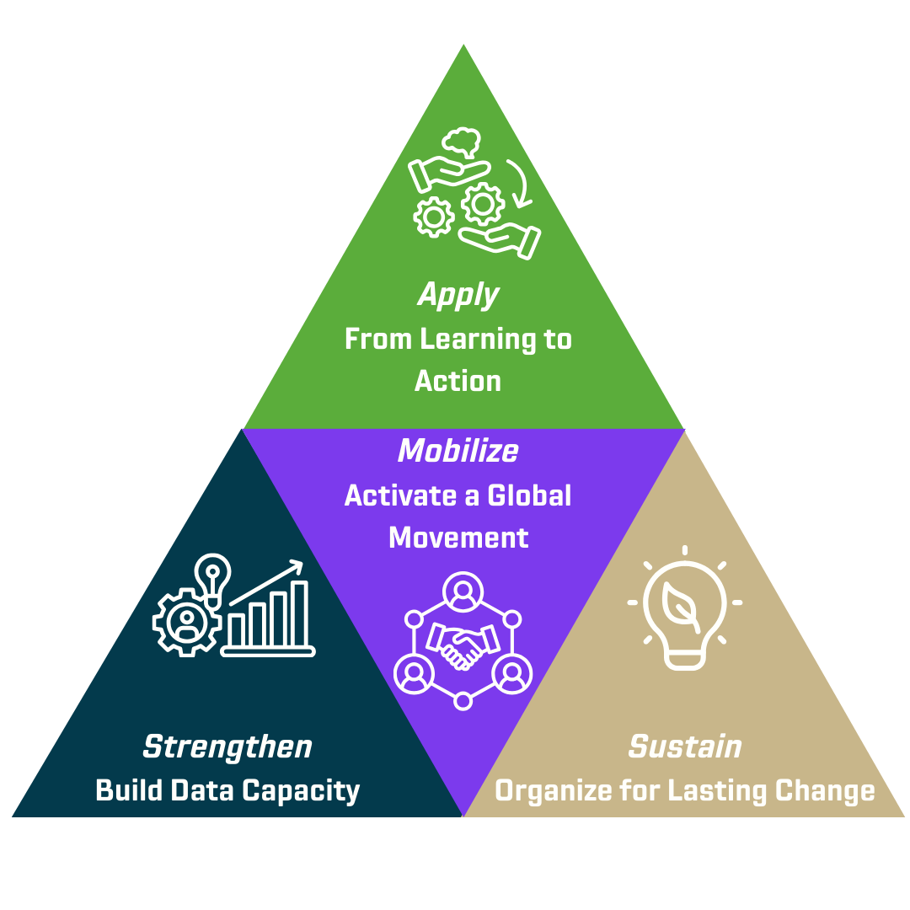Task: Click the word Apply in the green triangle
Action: click(x=458, y=296)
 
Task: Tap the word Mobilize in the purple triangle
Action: click(x=458, y=451)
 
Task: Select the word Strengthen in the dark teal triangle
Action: click(x=227, y=747)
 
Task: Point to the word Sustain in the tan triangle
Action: click(x=685, y=747)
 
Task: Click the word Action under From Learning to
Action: click(x=458, y=381)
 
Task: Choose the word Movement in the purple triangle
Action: click(x=458, y=538)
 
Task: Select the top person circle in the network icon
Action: click(x=462, y=589)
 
